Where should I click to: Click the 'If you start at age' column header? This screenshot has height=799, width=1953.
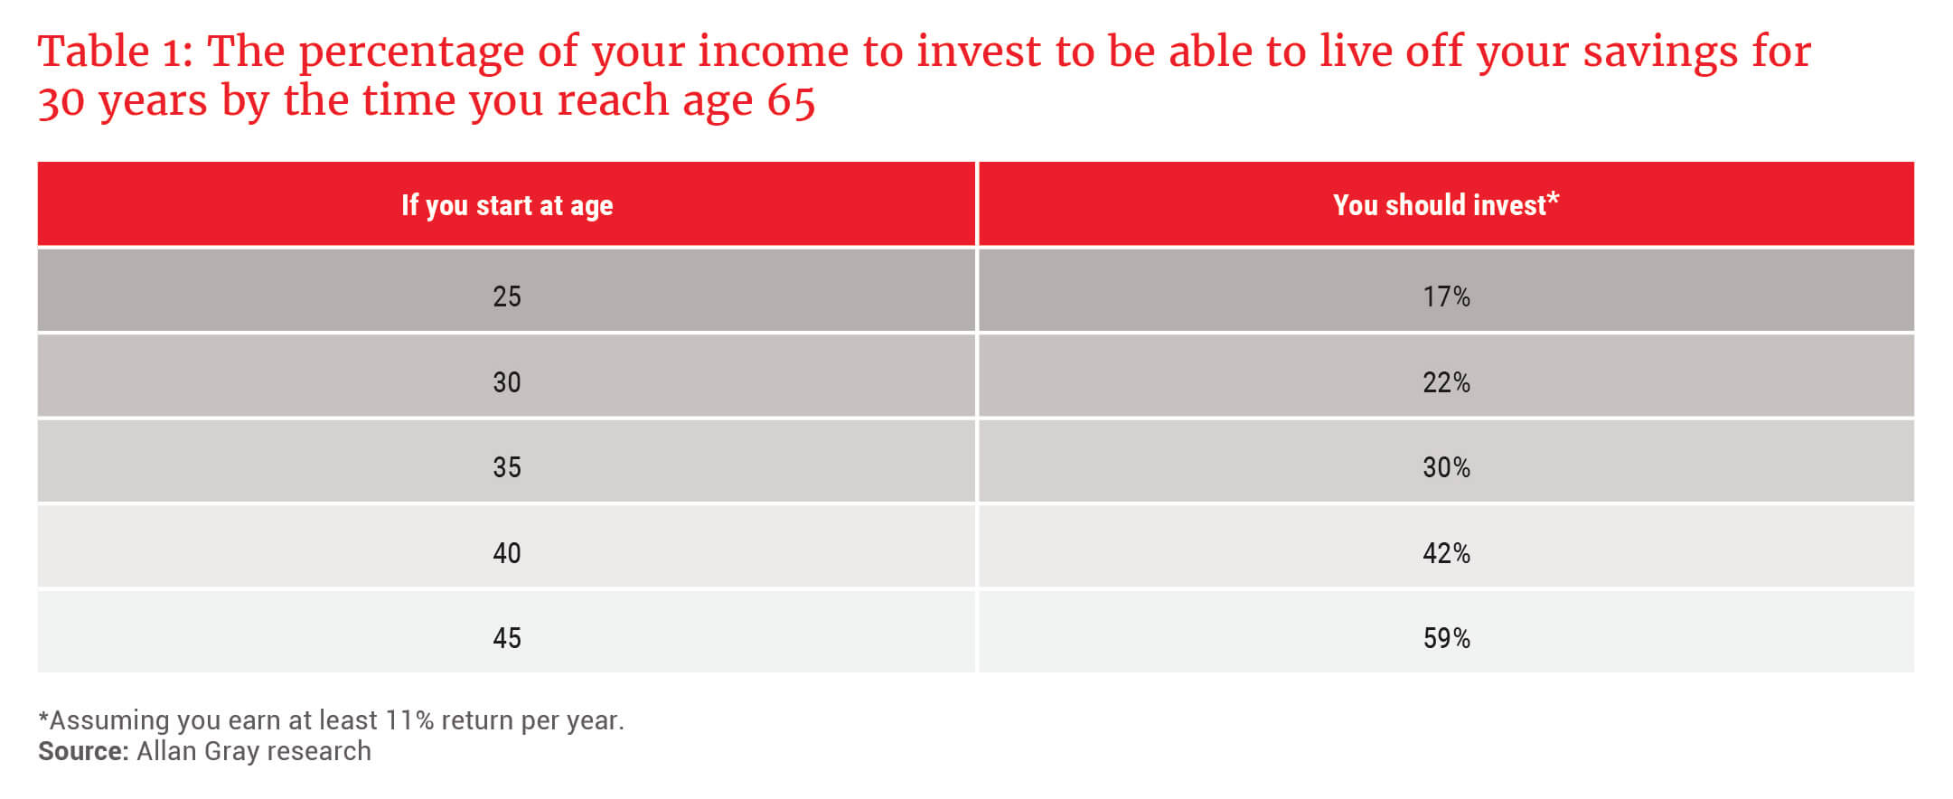507,205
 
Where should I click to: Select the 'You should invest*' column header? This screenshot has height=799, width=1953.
1446,204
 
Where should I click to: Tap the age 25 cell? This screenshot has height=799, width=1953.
507,296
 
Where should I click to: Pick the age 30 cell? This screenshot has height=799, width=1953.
507,382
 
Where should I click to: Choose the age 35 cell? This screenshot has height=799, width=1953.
507,467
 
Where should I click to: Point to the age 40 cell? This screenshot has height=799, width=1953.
507,553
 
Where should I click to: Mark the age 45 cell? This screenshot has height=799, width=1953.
507,638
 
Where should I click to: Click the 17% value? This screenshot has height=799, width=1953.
1446,296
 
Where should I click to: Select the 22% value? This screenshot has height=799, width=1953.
1446,382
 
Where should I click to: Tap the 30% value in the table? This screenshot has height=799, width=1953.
1446,467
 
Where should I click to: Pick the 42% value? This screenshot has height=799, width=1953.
1446,553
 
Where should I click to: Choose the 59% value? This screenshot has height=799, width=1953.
1446,638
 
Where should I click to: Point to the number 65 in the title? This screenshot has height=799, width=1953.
791,100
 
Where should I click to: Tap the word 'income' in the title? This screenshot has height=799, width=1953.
774,52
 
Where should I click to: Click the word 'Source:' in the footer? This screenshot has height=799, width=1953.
83,751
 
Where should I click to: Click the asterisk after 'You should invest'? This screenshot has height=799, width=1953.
1554,198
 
